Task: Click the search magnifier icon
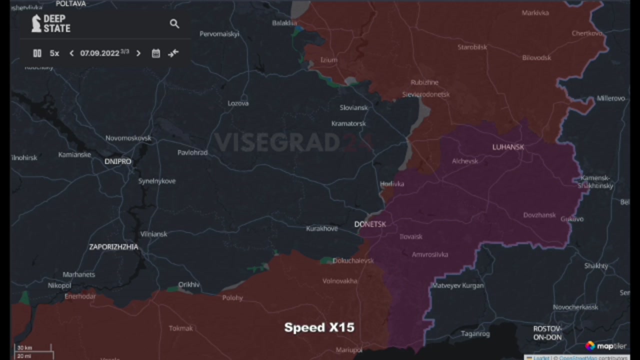pyautogui.click(x=174, y=23)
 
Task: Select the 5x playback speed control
pyautogui.click(x=54, y=53)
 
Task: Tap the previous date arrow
pyautogui.click(x=71, y=53)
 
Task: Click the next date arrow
pyautogui.click(x=138, y=53)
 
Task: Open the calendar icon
pyautogui.click(x=156, y=53)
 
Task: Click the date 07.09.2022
pyautogui.click(x=99, y=53)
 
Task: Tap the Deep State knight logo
pyautogui.click(x=36, y=23)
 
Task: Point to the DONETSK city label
pyautogui.click(x=370, y=224)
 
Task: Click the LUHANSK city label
pyautogui.click(x=508, y=147)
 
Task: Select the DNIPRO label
pyautogui.click(x=118, y=161)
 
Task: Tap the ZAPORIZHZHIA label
pyautogui.click(x=113, y=247)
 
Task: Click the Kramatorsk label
pyautogui.click(x=348, y=123)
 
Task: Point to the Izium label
pyautogui.click(x=328, y=60)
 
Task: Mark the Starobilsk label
pyautogui.click(x=472, y=47)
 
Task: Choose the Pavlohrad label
pyautogui.click(x=192, y=152)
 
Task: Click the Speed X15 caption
pyautogui.click(x=319, y=327)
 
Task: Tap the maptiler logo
pyautogui.click(x=605, y=346)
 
